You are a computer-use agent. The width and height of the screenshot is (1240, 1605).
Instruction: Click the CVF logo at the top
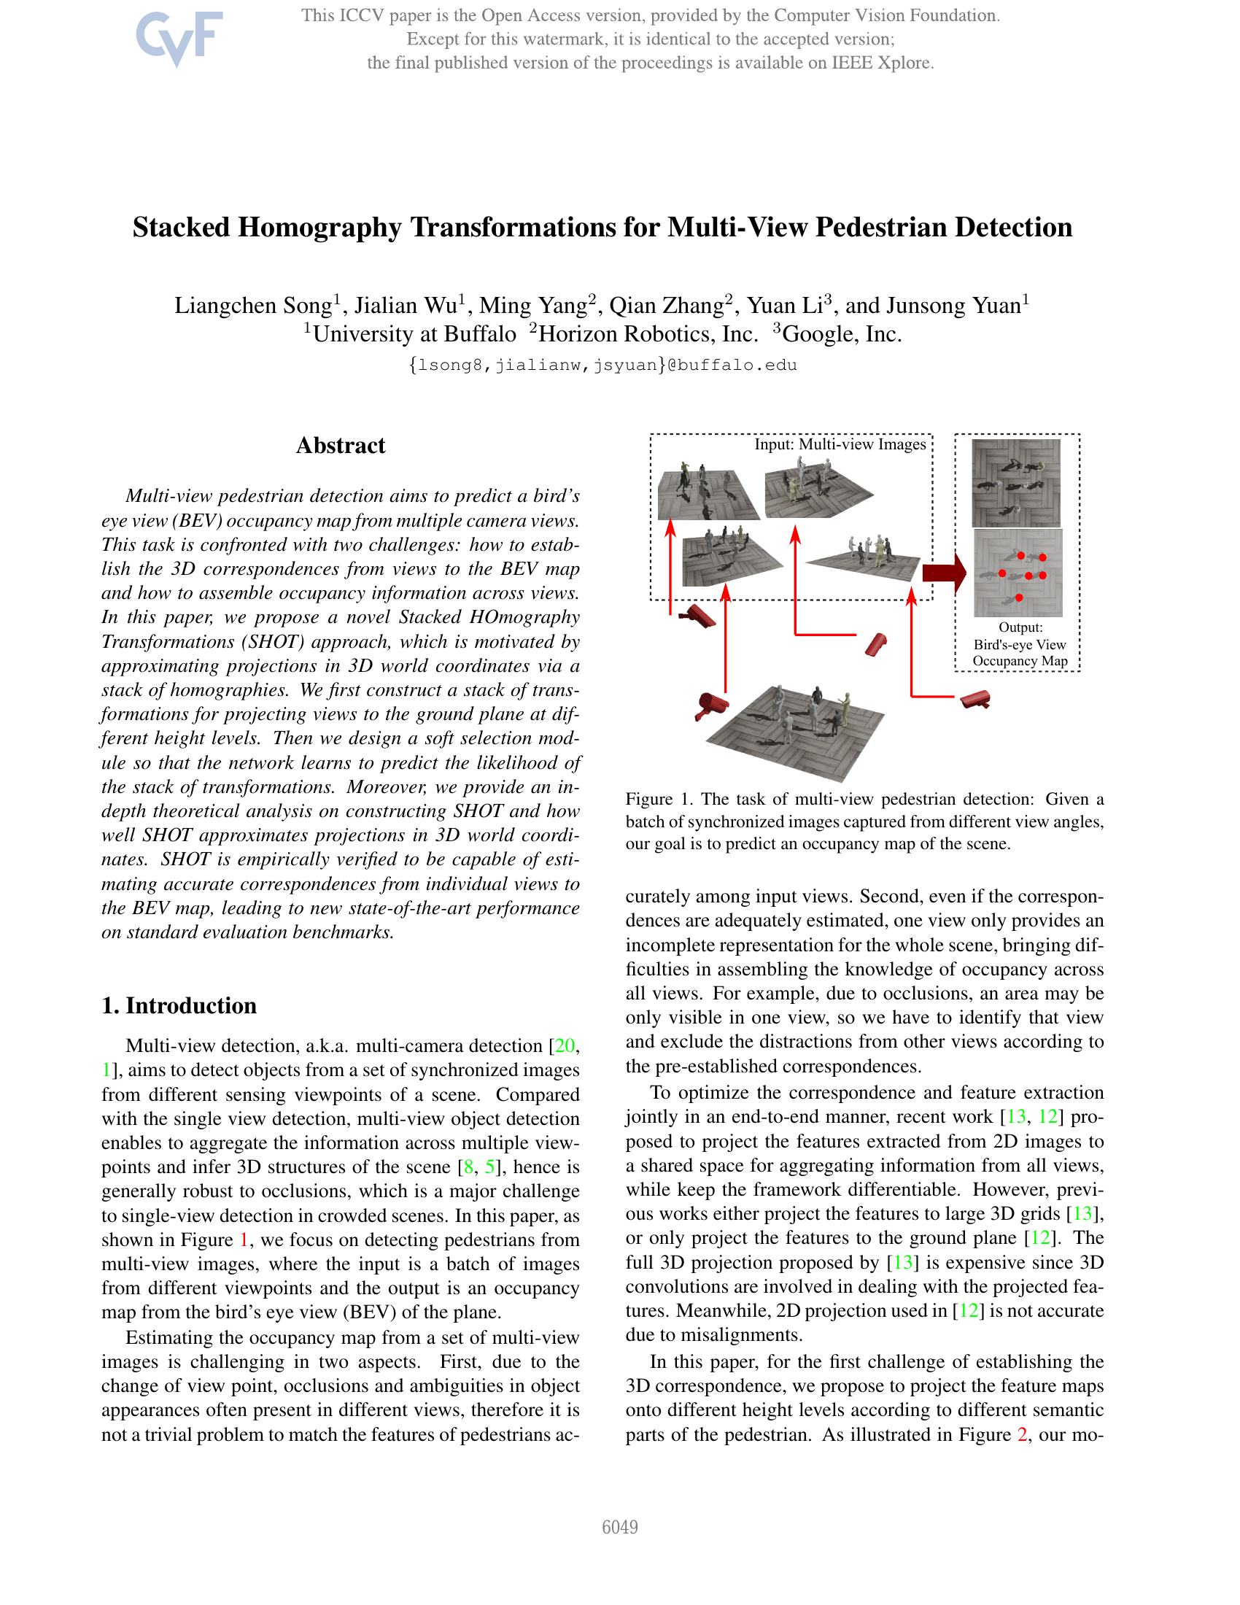pyautogui.click(x=179, y=37)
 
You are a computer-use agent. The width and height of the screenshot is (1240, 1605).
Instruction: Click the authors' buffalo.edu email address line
pyautogui.click(x=602, y=366)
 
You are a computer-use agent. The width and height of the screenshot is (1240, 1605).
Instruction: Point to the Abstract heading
pyautogui.click(x=340, y=445)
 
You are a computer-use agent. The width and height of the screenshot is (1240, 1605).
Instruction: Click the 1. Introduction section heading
pyautogui.click(x=179, y=1005)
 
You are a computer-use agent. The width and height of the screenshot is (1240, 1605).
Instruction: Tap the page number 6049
pyautogui.click(x=619, y=1527)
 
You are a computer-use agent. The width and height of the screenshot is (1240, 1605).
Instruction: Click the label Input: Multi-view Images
pyautogui.click(x=840, y=444)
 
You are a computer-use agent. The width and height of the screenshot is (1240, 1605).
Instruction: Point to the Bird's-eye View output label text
pyautogui.click(x=1020, y=644)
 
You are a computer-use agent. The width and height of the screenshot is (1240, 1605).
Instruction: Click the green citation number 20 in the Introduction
pyautogui.click(x=564, y=1045)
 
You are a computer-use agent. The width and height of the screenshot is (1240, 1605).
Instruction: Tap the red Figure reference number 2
pyautogui.click(x=1022, y=1434)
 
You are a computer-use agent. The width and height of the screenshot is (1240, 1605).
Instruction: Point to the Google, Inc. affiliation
pyautogui.click(x=841, y=334)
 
